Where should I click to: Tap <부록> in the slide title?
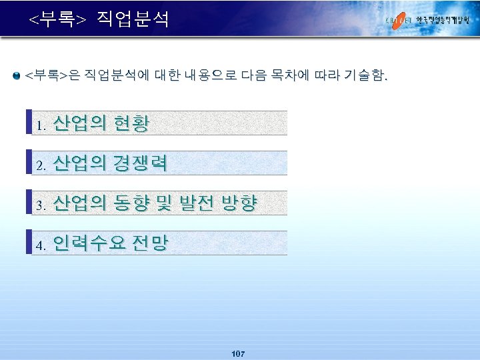click(x=57, y=19)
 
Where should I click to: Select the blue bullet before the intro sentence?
click(x=17, y=76)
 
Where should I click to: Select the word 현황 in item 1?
click(x=131, y=123)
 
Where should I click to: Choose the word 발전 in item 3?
click(x=195, y=203)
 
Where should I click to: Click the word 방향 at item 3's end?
click(x=238, y=203)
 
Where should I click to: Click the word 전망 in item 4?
click(x=150, y=243)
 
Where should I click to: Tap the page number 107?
click(x=238, y=353)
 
